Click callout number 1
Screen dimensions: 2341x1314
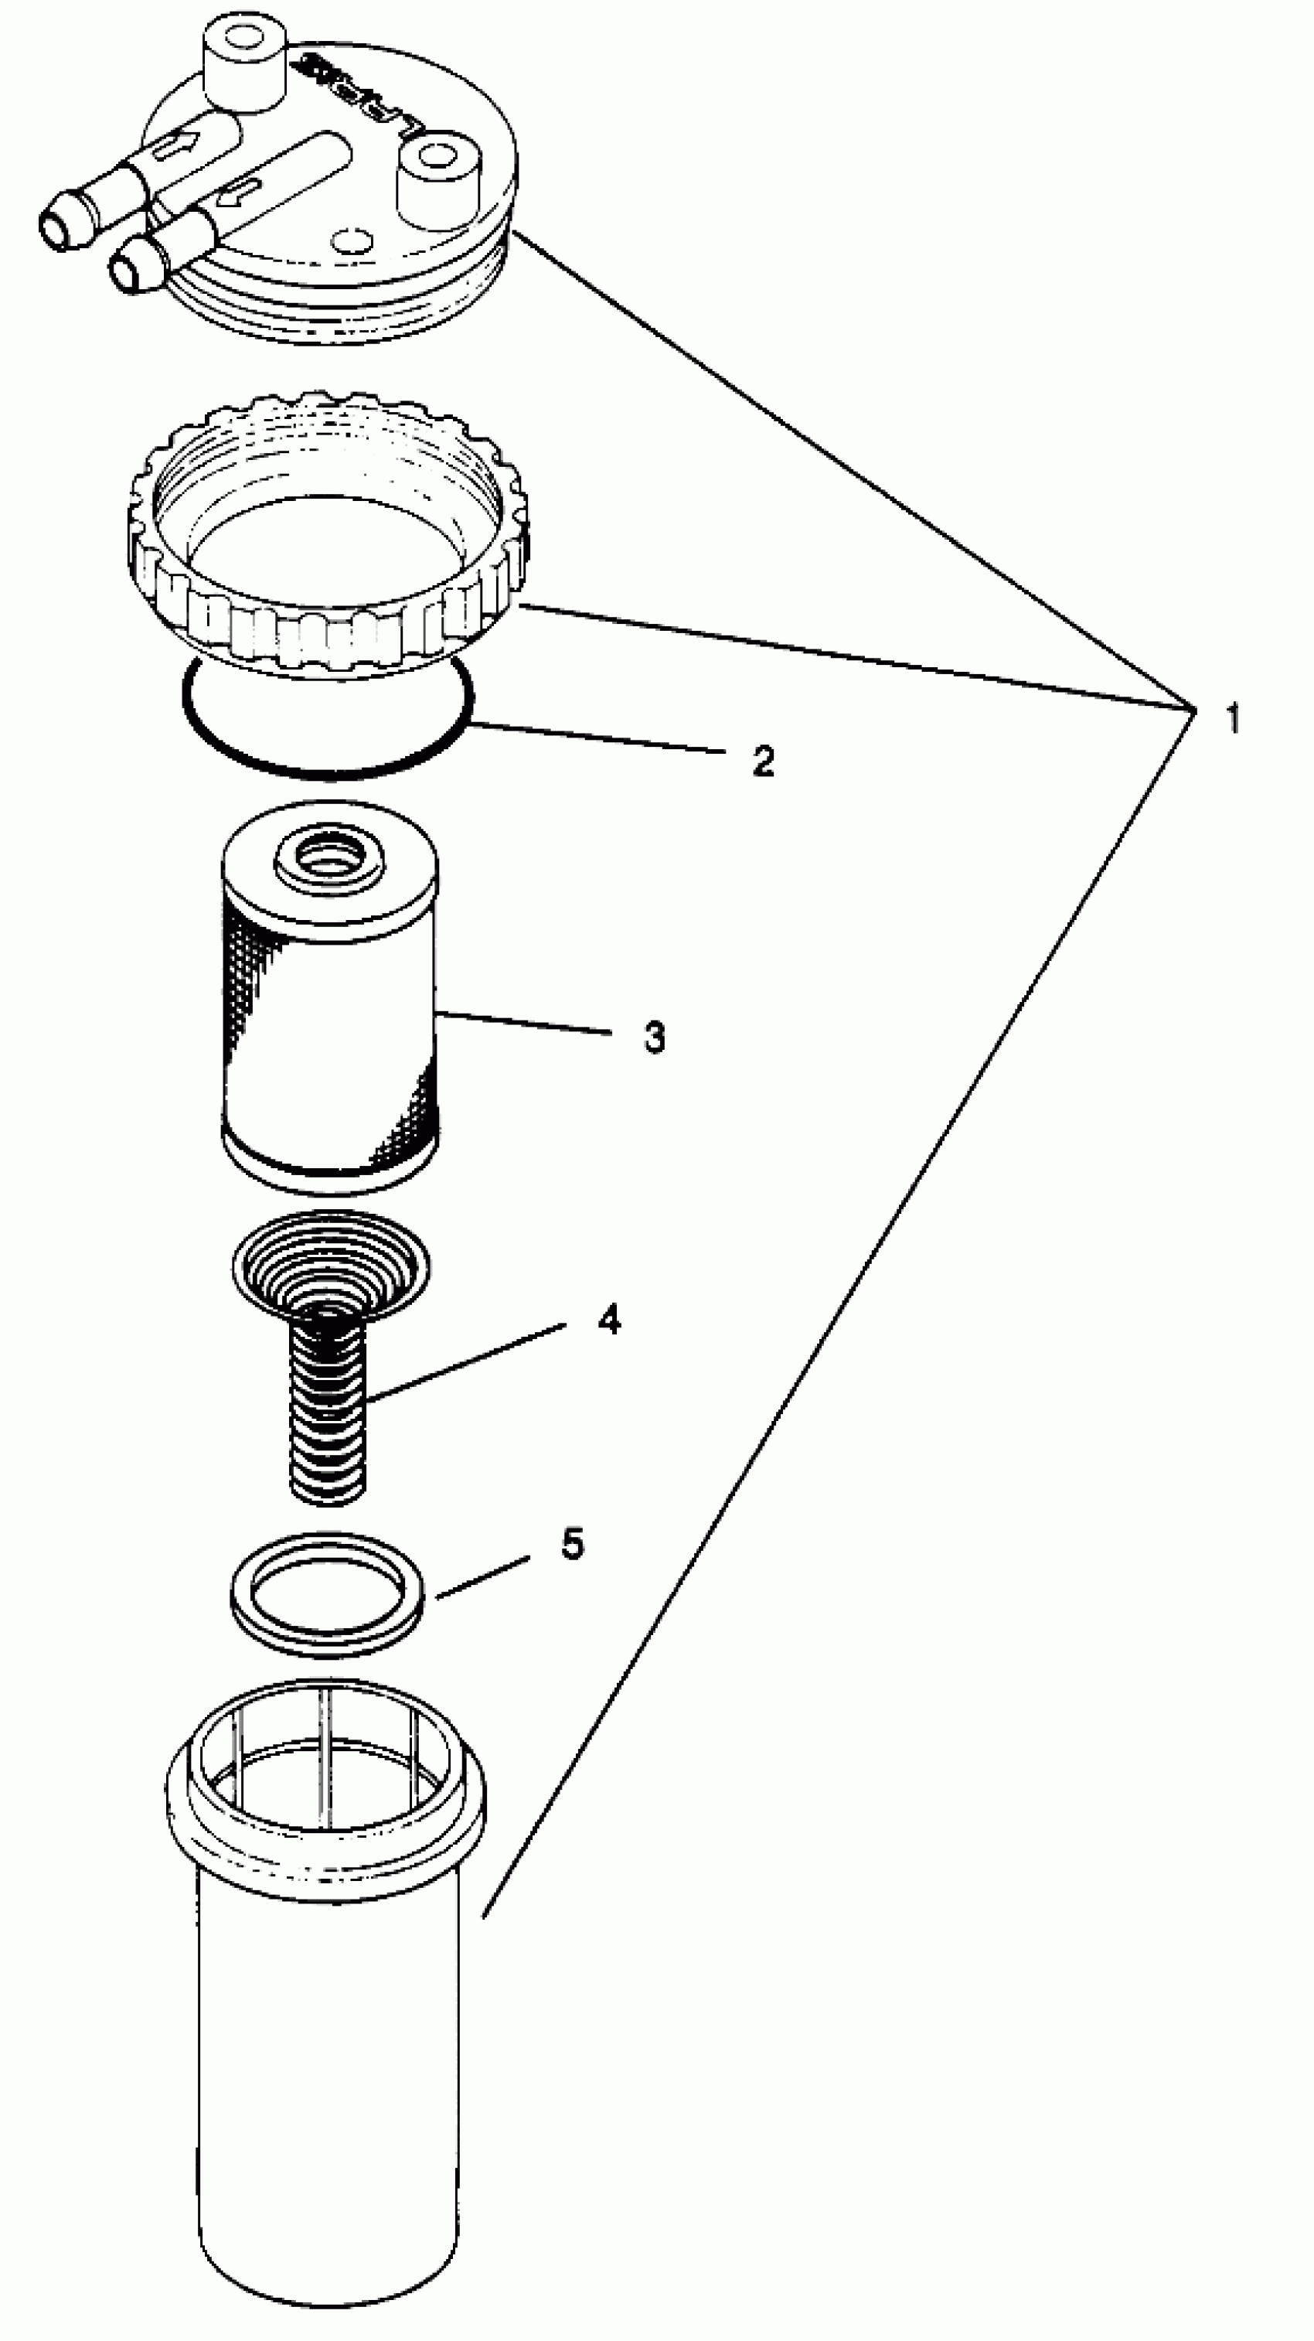[1231, 719]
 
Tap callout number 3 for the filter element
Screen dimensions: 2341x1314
[654, 1037]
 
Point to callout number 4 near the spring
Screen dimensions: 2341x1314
[609, 1319]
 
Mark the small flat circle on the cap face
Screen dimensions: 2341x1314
[352, 240]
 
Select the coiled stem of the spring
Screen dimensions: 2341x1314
[328, 1418]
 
